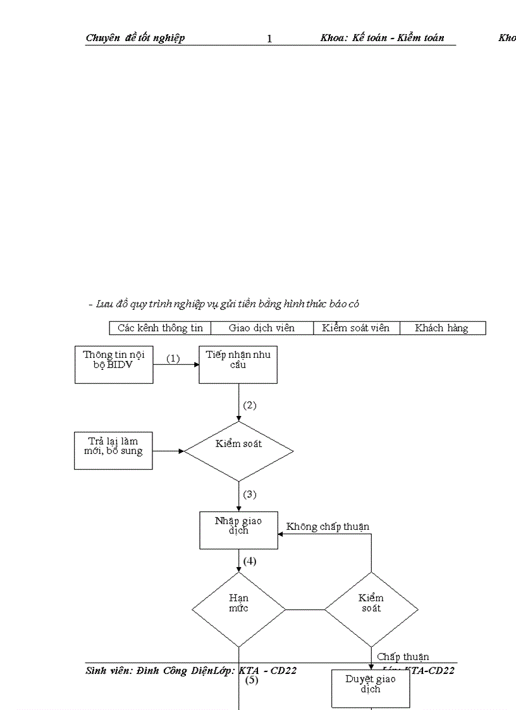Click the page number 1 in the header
pyautogui.click(x=269, y=39)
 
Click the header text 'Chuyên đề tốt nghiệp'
pyautogui.click(x=135, y=38)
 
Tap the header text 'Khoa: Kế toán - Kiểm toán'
pyautogui.click(x=382, y=38)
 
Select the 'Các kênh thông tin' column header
pyautogui.click(x=160, y=328)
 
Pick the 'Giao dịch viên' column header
pyautogui.click(x=262, y=328)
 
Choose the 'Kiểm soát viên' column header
pyautogui.click(x=357, y=328)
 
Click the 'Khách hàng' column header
pyautogui.click(x=442, y=328)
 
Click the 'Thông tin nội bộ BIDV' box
pyautogui.click(x=114, y=364)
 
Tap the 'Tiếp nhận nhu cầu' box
pyautogui.click(x=238, y=364)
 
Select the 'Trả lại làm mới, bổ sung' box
pyautogui.click(x=113, y=450)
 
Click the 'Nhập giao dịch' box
pyautogui.click(x=238, y=530)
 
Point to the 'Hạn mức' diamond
pyautogui.click(x=238, y=609)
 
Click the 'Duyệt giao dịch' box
pyautogui.click(x=371, y=688)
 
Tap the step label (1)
pyautogui.click(x=173, y=358)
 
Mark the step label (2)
pyautogui.click(x=250, y=405)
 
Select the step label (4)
pyautogui.click(x=250, y=561)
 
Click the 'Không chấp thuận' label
pyautogui.click(x=328, y=527)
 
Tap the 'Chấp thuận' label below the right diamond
pyautogui.click(x=403, y=657)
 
